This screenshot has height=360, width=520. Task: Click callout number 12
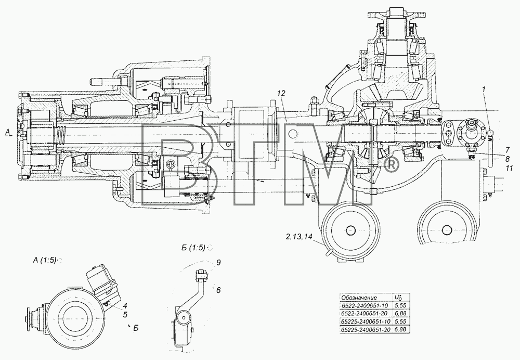281,94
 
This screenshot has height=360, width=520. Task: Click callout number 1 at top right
485,89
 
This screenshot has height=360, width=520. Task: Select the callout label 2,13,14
298,237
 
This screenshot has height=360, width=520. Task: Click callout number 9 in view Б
218,263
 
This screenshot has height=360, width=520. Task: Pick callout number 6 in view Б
218,290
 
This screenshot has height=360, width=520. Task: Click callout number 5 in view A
125,314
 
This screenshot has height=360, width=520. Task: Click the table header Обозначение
359,298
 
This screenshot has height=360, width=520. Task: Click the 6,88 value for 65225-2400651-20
400,330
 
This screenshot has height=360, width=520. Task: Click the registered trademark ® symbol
391,165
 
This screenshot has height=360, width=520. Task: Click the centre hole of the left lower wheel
350,230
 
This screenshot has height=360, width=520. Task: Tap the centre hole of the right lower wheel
447,230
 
